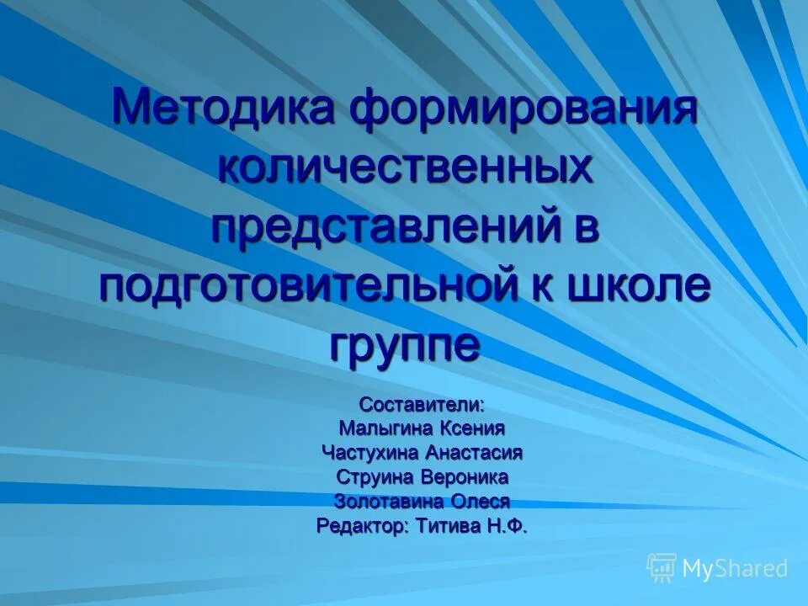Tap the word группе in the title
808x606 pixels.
pos(405,345)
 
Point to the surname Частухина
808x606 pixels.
pos(369,453)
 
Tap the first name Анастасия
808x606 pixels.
pos(474,453)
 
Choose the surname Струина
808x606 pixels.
pos(371,477)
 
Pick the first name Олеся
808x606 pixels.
pos(480,502)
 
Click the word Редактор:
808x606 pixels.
pos(363,527)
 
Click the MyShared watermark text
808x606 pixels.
pos(734,569)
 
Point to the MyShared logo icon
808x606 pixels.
pos(662,568)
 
